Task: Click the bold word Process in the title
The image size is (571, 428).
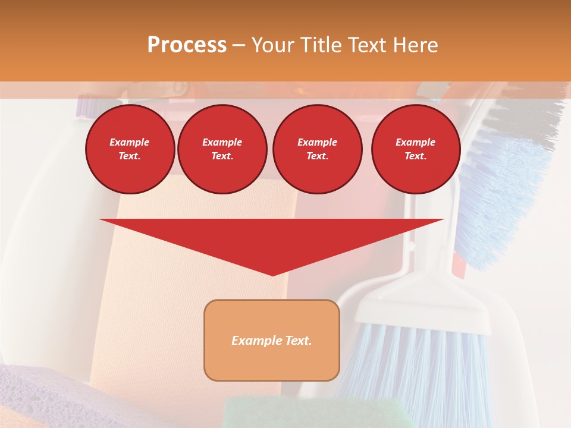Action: (187, 45)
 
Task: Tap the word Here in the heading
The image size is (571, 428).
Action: (416, 45)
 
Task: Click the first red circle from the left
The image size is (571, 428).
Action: (130, 149)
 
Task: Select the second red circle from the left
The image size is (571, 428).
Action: (222, 149)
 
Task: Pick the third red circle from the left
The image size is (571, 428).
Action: (317, 149)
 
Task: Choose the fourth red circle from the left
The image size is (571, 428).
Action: (415, 149)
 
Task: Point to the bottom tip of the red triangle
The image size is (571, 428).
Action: (272, 275)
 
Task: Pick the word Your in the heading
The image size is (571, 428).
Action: (273, 45)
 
